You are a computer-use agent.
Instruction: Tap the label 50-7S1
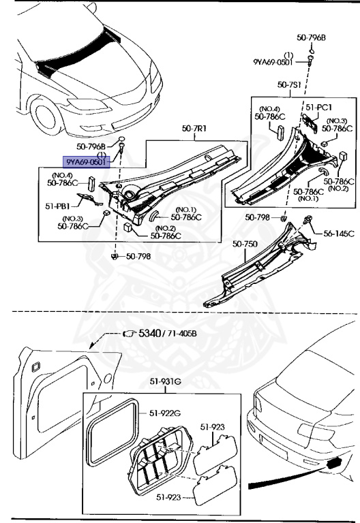pos(291,84)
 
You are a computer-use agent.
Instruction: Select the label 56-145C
pos(339,234)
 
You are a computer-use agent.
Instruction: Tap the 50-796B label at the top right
pos(311,37)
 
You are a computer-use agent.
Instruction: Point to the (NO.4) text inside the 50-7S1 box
pos(269,108)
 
